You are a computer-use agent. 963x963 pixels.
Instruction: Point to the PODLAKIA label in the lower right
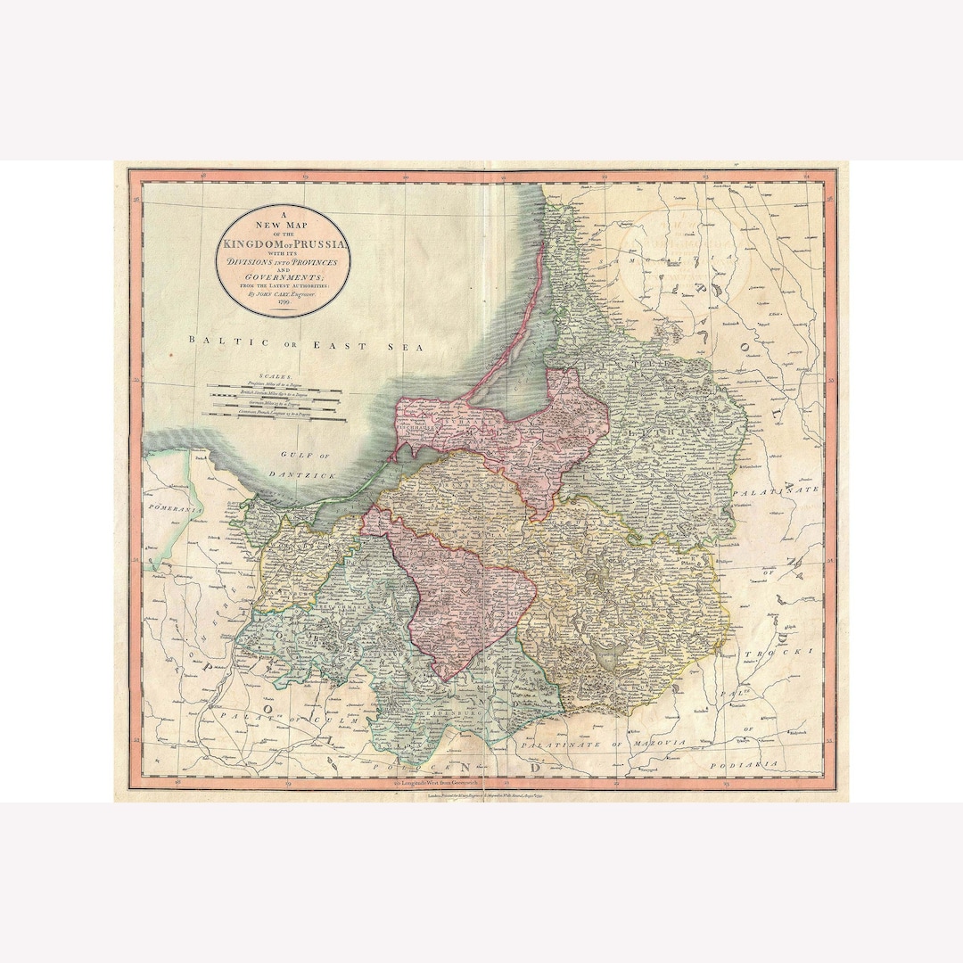coord(754,764)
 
